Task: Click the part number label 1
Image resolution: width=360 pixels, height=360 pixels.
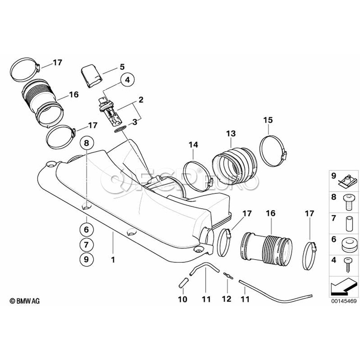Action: click(x=113, y=260)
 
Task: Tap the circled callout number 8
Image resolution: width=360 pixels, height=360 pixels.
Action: click(x=87, y=142)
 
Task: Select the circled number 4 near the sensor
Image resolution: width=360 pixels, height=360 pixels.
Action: click(x=128, y=80)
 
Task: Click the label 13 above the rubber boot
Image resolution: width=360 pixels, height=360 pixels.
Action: click(x=231, y=133)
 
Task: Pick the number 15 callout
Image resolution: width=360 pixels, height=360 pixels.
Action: click(x=268, y=120)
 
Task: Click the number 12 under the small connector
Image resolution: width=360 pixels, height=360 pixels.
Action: click(x=226, y=299)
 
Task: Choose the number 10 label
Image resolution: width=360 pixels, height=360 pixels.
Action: click(x=182, y=299)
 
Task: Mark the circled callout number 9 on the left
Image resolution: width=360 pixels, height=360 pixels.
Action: click(x=87, y=259)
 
